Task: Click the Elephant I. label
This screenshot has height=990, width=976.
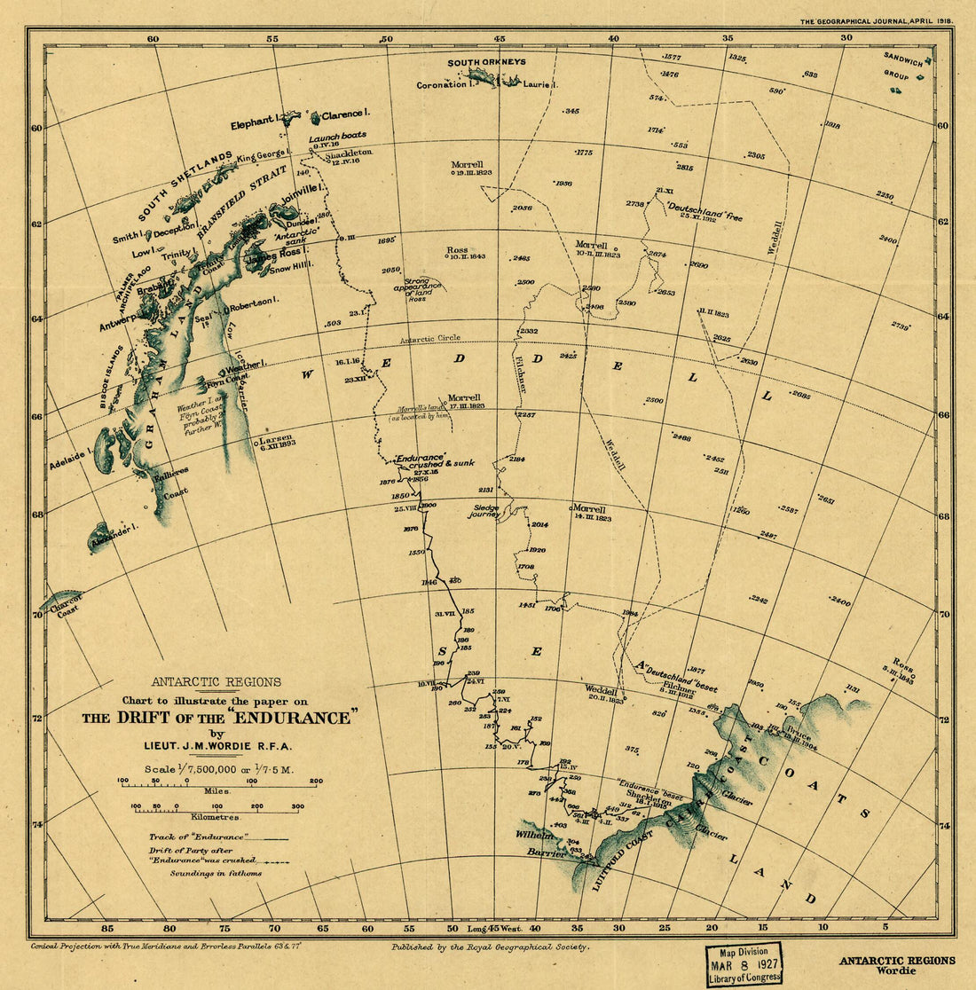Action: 255,123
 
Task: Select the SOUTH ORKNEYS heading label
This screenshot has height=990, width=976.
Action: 486,62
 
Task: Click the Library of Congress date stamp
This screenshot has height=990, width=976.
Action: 744,963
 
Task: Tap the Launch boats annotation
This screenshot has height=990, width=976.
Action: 337,137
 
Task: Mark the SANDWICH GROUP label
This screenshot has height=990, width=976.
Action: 906,63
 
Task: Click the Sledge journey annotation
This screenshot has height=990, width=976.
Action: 484,511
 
